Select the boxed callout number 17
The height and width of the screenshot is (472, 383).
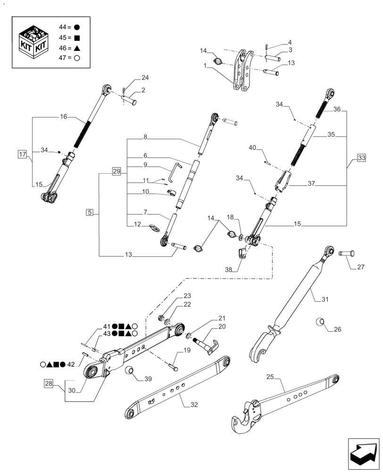(x=22, y=154)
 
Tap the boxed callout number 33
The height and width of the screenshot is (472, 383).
(x=361, y=157)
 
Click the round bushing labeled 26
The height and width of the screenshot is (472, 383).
(x=320, y=322)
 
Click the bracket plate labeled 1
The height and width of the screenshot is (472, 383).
(x=241, y=70)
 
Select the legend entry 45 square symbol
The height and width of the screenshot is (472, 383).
(x=77, y=37)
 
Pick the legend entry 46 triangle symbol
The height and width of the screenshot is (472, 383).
(x=77, y=48)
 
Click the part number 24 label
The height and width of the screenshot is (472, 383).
(x=132, y=78)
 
